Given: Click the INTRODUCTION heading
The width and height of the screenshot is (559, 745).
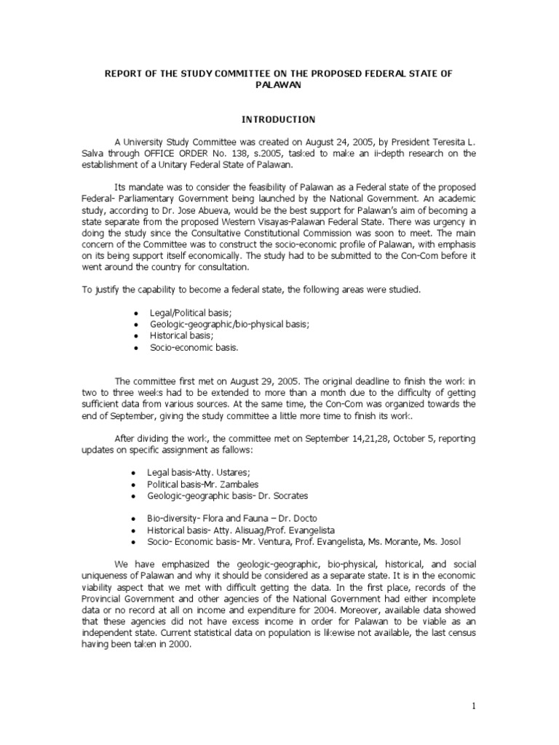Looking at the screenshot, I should click(279, 119).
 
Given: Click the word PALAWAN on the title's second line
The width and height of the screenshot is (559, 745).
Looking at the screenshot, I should click(279, 85).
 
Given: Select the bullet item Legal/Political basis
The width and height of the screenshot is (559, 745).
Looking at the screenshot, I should click(180, 311).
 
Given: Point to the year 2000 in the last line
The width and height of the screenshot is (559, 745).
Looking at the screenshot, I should click(180, 644).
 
